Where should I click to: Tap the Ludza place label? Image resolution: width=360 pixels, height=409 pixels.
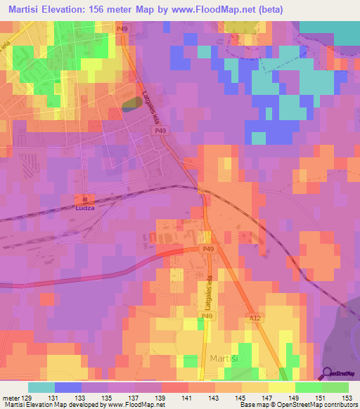(x=86, y=208)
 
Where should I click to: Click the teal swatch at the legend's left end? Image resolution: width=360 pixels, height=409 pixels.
(x=41, y=387)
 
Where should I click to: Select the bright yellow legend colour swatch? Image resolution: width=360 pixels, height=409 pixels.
(x=282, y=387)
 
